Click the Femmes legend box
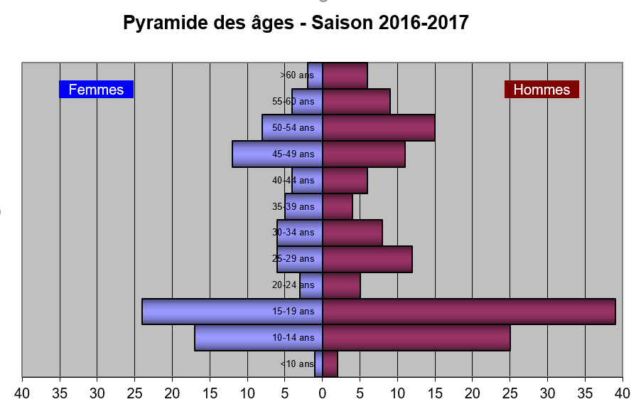(96, 89)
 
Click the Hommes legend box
(542, 89)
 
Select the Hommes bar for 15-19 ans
(469, 312)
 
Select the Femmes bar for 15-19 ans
(232, 312)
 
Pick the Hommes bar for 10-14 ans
(416, 338)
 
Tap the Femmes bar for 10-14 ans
(259, 338)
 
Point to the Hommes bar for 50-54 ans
(379, 127)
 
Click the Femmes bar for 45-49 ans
(277, 154)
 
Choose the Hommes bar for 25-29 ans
(367, 259)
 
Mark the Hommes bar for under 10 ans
(330, 364)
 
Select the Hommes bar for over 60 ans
(345, 75)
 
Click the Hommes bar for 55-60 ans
(356, 102)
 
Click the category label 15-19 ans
(293, 312)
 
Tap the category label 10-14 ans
(293, 338)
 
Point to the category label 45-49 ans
(293, 154)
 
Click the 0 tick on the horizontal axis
(323, 393)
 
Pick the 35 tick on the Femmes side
(60, 393)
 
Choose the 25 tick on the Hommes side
(510, 393)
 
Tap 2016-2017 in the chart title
(423, 23)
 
